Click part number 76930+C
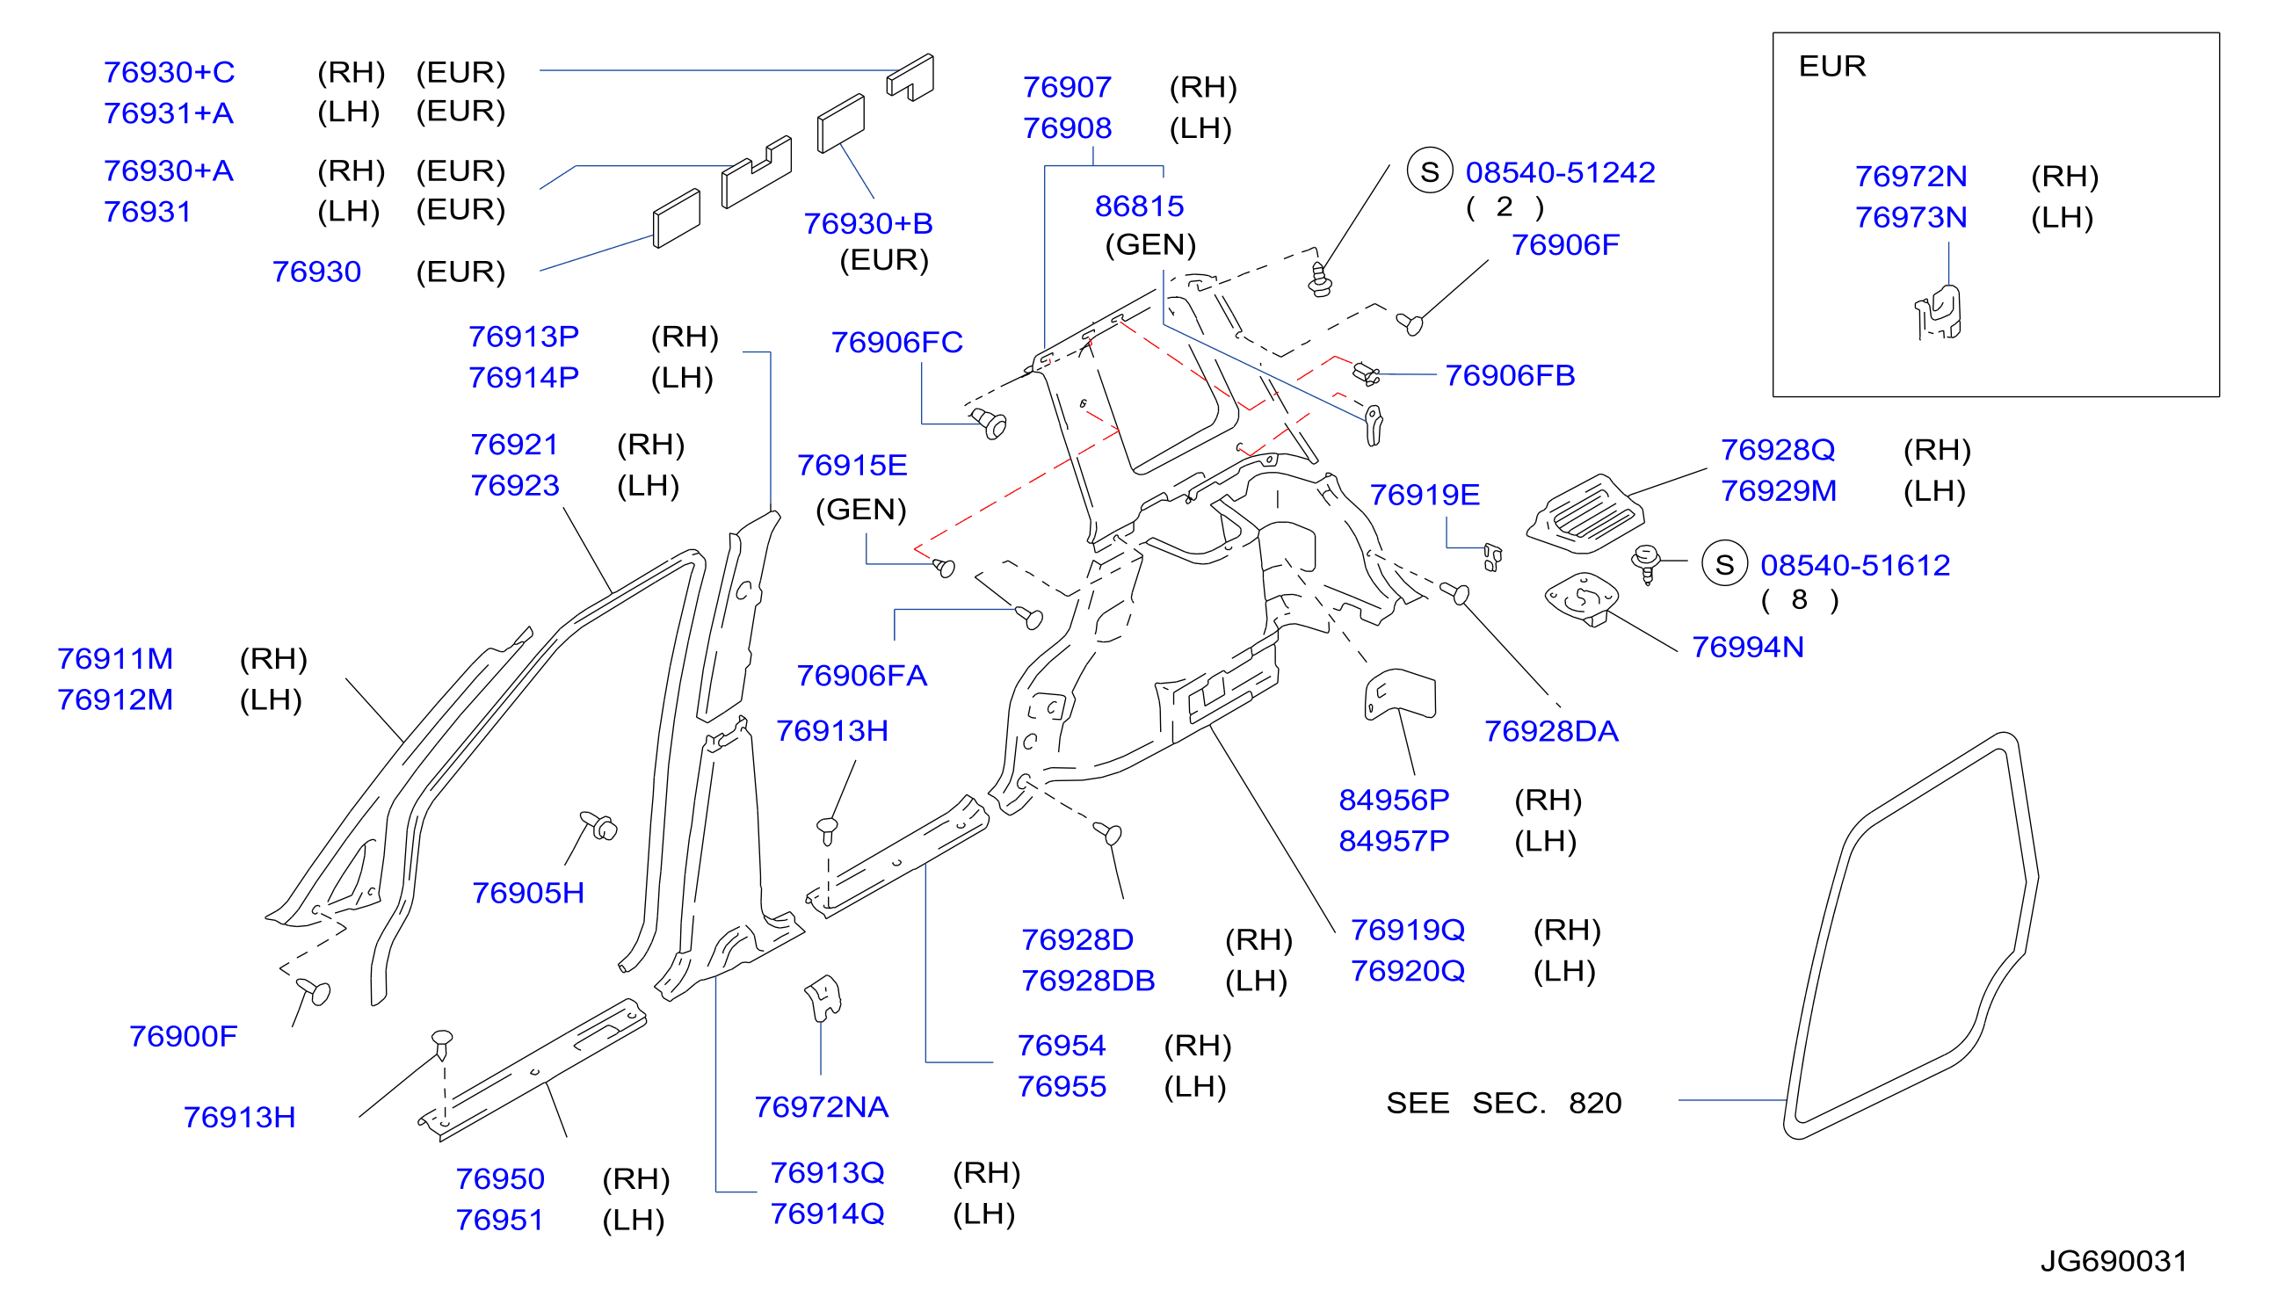coord(170,73)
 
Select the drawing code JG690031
coord(2114,1261)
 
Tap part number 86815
coord(1140,206)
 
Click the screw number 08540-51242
coord(1561,173)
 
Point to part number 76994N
coord(1749,648)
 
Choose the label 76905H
coord(528,893)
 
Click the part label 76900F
coord(184,1036)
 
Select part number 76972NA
coord(822,1107)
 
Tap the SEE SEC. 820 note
coord(1504,1104)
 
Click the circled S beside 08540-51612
coord(1724,564)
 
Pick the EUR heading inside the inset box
coord(1832,66)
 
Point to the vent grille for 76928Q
coord(1585,514)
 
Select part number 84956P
coord(1394,800)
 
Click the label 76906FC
coord(896,342)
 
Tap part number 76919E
coord(1425,495)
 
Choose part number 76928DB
coord(1088,981)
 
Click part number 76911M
coord(115,659)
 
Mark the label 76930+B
coord(868,223)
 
